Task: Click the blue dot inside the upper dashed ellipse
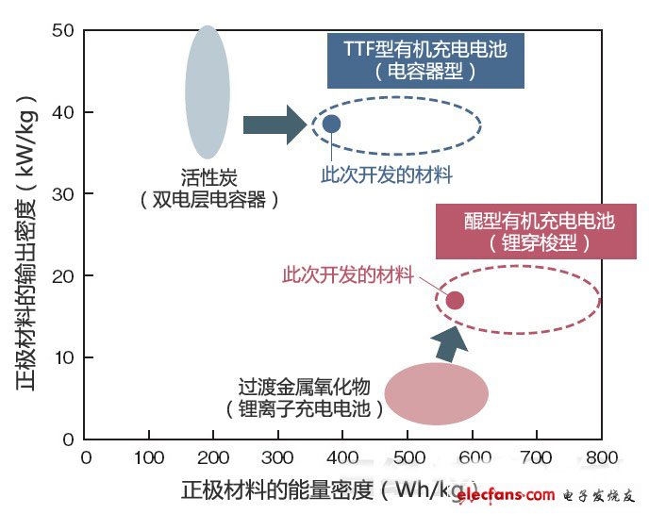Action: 331,124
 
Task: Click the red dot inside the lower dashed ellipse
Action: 455,300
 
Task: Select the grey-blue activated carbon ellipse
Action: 208,92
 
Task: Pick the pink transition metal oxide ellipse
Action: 436,394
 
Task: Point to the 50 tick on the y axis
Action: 62,31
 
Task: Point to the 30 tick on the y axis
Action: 62,194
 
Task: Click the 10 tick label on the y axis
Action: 62,357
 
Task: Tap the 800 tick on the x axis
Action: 601,458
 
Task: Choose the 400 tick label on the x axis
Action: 343,458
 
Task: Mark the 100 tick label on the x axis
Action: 149,458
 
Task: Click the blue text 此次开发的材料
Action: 387,175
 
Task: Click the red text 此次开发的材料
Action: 348,275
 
